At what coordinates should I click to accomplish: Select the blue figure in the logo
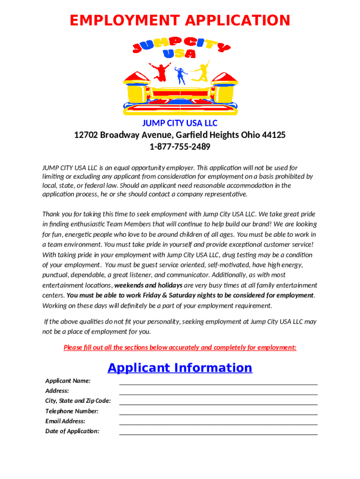click(180, 75)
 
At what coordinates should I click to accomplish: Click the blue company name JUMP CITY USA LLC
click(180, 123)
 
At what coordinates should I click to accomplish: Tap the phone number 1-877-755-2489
click(180, 147)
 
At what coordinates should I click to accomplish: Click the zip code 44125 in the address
click(274, 135)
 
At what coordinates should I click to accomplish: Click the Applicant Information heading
click(180, 368)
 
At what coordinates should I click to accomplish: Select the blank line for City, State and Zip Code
click(218, 403)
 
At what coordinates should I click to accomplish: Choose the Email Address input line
click(218, 423)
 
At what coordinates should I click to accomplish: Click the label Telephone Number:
click(72, 411)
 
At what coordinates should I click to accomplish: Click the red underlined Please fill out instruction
click(180, 348)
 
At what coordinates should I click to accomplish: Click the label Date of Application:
click(72, 431)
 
